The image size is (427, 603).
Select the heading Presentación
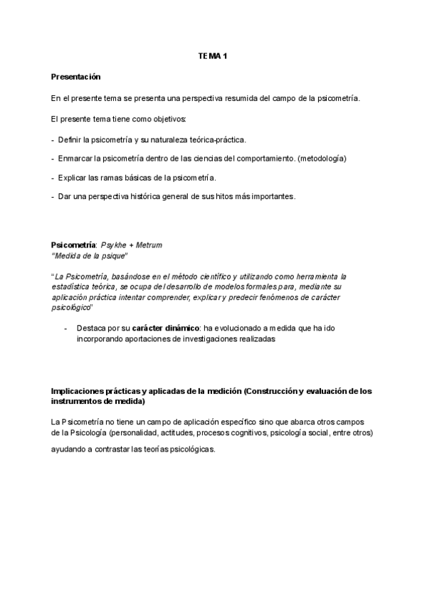(x=76, y=76)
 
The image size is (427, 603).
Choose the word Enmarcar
(x=76, y=158)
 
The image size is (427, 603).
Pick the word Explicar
(x=73, y=177)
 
